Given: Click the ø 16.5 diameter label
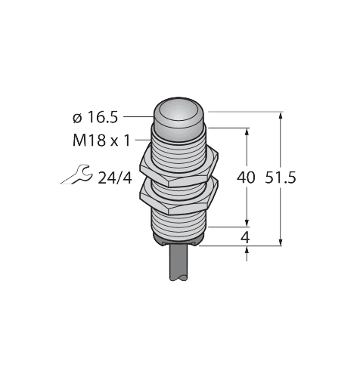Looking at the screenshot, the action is pos(95,118).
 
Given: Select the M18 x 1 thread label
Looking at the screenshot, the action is pos(101,141).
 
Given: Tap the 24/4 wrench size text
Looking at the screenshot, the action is pos(115,178).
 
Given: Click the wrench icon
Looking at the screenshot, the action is pos(76,174).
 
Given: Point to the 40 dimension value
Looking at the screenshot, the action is pos(246,178).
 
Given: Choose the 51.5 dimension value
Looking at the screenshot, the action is pos(281,178).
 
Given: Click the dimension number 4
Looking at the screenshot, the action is pos(245,237).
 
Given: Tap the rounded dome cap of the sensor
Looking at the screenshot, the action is pos(179,115).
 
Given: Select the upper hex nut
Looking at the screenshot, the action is pos(179,168).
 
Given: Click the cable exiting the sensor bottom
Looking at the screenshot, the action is pos(179,263).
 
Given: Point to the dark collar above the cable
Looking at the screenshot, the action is pos(179,240).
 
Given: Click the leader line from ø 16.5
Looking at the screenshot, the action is pos(138,116).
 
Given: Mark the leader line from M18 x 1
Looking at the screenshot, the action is pos(143,140).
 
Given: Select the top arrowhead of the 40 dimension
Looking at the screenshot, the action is pos(247,132).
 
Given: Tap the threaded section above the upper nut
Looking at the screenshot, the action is pos(179,145).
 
